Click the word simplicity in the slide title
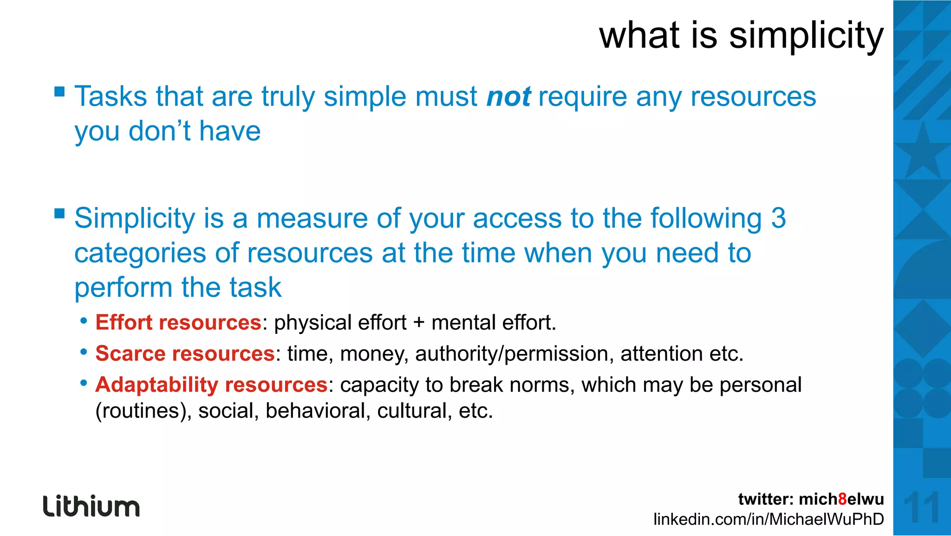(x=806, y=36)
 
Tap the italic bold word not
(x=508, y=97)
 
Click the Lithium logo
(x=91, y=506)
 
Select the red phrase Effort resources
(x=178, y=323)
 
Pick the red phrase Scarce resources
(x=185, y=354)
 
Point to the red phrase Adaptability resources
(x=211, y=385)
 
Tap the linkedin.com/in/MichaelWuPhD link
(x=769, y=519)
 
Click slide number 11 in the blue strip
(x=922, y=507)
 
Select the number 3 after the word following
(x=778, y=218)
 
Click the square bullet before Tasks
(x=59, y=91)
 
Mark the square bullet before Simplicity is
(x=59, y=213)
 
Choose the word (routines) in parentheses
(x=143, y=411)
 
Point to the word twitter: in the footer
(x=766, y=499)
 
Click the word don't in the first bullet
(x=159, y=131)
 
